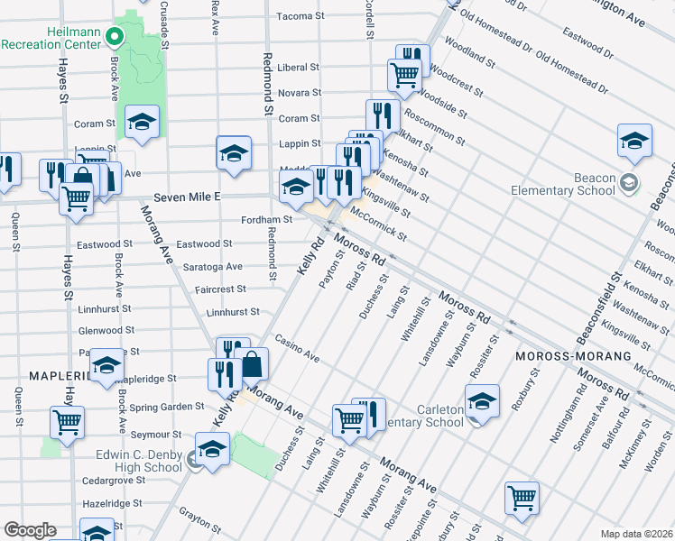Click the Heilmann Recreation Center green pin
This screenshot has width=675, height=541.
115,37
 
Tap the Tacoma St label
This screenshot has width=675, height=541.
300,16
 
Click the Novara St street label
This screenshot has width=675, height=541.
299,93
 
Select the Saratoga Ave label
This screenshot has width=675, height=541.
208,267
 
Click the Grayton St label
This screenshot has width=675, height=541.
199,522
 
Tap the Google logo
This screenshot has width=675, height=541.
30,530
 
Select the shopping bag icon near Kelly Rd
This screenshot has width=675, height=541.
253,365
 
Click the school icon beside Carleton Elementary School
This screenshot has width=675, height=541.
482,401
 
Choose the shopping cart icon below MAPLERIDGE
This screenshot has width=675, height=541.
67,421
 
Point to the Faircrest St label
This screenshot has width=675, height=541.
220,289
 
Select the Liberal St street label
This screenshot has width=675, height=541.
299,68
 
